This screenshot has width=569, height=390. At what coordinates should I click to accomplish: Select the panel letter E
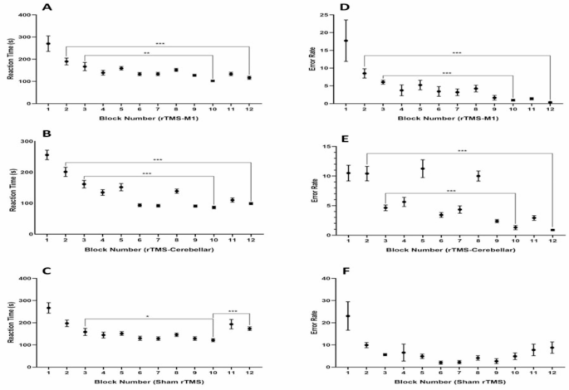coord(316,141)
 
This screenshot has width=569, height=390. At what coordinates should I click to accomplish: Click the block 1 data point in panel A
coord(48,43)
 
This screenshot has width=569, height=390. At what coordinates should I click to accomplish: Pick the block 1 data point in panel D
coord(323,41)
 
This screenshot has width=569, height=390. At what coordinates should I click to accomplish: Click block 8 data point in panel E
coord(478,176)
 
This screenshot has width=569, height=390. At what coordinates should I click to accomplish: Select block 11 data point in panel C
coord(232,324)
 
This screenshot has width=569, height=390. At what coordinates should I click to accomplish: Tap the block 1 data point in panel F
coord(324,316)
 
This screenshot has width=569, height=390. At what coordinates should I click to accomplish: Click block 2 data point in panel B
coord(66,172)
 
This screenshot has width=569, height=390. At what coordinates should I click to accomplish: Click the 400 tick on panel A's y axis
coord(29,16)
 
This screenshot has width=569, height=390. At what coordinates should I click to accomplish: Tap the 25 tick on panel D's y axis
coord(307,16)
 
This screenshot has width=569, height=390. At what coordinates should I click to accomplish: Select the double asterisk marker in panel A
coord(148,52)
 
